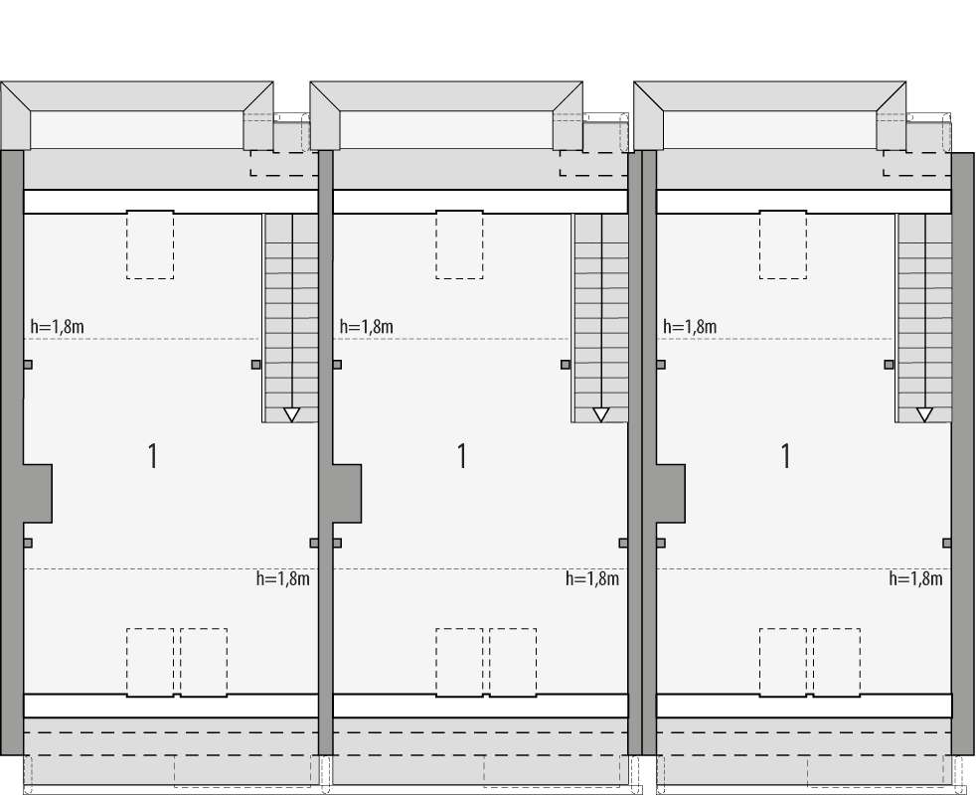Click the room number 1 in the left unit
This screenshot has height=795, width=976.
point(153,456)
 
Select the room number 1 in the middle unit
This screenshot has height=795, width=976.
point(462,456)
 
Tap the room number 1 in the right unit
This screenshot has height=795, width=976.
point(786,456)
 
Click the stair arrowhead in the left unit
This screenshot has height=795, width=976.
point(291,414)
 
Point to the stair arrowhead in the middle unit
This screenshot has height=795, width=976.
point(600,414)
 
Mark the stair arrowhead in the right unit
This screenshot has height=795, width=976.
point(924,414)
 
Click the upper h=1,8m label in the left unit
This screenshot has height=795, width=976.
point(57,326)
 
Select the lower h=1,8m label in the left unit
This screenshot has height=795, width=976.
point(283,578)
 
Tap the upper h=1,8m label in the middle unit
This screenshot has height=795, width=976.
point(366,326)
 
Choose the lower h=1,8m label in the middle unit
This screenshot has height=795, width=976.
point(592,578)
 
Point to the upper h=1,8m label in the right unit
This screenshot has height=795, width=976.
point(690,326)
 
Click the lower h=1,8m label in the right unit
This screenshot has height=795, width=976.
point(915,578)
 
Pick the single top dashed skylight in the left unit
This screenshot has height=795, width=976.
point(150,244)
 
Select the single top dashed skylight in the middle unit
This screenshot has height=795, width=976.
point(459,244)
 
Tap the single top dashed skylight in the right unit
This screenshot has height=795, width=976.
point(783,244)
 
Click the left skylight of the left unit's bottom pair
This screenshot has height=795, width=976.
point(150,662)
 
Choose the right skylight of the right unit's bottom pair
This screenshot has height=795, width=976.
point(837,662)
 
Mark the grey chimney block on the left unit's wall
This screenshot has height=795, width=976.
point(37,493)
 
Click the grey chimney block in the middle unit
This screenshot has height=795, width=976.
point(346,493)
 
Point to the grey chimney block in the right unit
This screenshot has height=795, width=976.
point(670,493)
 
